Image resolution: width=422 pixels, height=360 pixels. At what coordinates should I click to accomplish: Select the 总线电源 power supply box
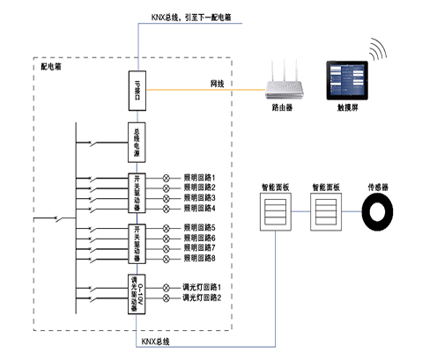pyautogui.click(x=137, y=141)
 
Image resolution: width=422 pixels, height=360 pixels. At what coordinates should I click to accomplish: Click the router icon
pyautogui.click(x=285, y=84)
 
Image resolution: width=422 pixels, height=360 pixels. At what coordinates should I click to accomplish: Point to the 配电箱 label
pyautogui.click(x=51, y=67)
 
